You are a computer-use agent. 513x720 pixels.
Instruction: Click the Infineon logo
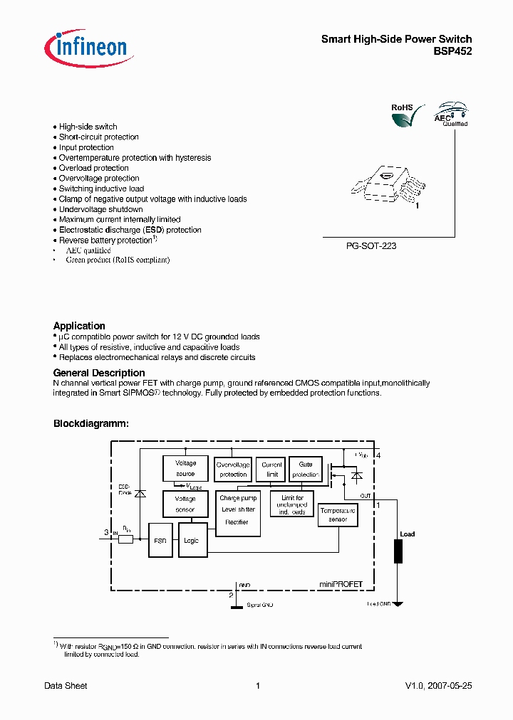pos(85,46)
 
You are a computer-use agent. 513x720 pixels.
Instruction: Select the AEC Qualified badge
pos(452,114)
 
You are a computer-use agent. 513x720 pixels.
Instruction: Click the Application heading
pos(79,326)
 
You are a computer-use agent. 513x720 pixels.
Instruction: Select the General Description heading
pos(99,373)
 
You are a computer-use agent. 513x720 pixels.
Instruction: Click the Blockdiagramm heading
pos(91,423)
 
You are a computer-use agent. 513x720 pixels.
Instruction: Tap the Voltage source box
pos(185,468)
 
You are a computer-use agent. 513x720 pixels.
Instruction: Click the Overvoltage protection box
pos(233,469)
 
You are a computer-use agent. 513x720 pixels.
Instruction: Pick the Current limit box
pos(271,469)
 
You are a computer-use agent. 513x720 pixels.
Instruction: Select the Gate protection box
pos(305,469)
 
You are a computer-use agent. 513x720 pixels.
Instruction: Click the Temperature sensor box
pos(338,515)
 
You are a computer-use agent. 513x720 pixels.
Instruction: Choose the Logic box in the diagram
pos(191,540)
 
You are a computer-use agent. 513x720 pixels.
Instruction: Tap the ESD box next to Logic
pos(160,540)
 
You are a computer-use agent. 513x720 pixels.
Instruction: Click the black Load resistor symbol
pos(398,551)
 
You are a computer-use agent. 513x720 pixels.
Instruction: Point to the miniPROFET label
pos(341,583)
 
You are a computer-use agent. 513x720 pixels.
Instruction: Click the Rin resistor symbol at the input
pos(125,539)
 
